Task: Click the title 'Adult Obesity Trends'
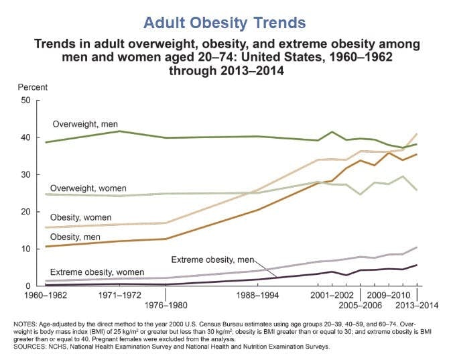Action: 225,23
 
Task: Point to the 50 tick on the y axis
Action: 26,100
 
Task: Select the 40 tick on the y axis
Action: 26,137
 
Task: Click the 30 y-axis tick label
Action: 26,175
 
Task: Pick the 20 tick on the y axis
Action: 26,212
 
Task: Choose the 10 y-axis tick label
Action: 26,249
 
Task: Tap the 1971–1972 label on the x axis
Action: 119,296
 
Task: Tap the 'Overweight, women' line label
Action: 89,189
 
